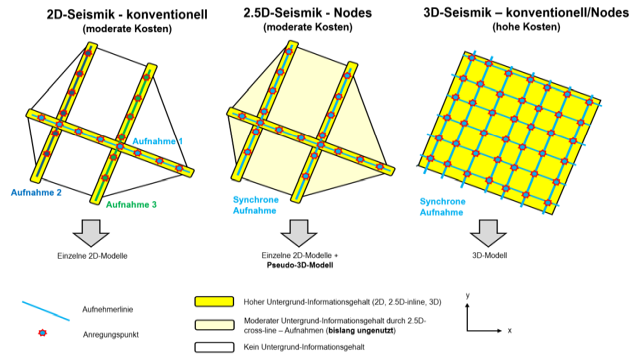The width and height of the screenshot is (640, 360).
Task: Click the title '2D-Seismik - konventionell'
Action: (127, 15)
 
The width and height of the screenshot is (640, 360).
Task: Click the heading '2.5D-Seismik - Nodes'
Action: (307, 13)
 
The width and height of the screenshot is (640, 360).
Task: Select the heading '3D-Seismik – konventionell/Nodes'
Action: (526, 13)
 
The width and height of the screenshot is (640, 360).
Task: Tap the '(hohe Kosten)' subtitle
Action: (526, 27)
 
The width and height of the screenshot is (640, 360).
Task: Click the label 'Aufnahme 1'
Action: (158, 141)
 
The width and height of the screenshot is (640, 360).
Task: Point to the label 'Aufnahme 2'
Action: (36, 193)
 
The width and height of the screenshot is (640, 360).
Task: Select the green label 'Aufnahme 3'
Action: (131, 204)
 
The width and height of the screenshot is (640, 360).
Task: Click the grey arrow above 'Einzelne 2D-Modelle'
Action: (91, 233)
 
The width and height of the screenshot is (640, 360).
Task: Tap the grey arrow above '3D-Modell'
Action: (488, 233)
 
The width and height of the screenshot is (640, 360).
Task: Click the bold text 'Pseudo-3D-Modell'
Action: (300, 265)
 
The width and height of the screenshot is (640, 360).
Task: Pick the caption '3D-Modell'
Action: (489, 256)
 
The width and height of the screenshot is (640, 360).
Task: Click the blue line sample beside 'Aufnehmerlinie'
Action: (46, 311)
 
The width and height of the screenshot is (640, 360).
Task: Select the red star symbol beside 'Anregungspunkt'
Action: (42, 333)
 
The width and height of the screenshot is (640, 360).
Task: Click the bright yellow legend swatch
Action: (214, 302)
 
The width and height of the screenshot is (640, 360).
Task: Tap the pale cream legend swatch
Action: (214, 325)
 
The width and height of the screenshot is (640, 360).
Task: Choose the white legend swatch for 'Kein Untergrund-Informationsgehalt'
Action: (214, 347)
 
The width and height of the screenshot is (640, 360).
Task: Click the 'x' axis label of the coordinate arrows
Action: (509, 331)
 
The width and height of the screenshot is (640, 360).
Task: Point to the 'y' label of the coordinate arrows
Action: (468, 296)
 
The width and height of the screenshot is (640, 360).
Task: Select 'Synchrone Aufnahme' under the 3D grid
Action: (442, 207)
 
